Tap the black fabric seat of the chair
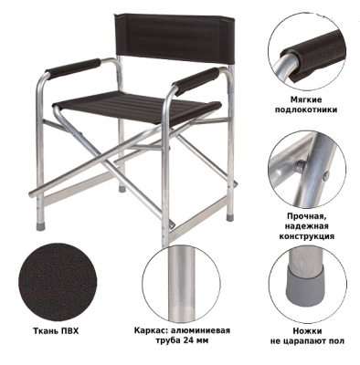pyautogui.click(x=137, y=107)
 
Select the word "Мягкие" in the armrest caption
pyautogui.click(x=306, y=99)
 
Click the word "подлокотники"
pyautogui.click(x=306, y=109)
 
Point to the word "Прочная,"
pyautogui.click(x=306, y=216)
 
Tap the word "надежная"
pyautogui.click(x=306, y=226)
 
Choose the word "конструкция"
pyautogui.click(x=306, y=236)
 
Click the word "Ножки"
pyautogui.click(x=307, y=331)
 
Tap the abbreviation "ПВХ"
pyautogui.click(x=69, y=331)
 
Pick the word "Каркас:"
pyautogui.click(x=149, y=330)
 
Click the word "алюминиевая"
pyautogui.click(x=198, y=330)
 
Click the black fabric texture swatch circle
pyautogui.click(x=58, y=282)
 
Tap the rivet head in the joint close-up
pyautogui.click(x=301, y=166)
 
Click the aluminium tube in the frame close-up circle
pyautogui.click(x=182, y=283)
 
